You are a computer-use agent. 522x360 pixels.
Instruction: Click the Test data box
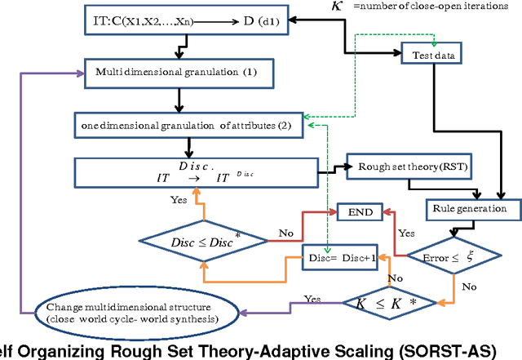tap(433, 56)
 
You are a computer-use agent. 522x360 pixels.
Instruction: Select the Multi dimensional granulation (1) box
tap(175, 73)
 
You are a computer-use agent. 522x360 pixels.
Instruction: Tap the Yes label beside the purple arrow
tap(312, 299)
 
